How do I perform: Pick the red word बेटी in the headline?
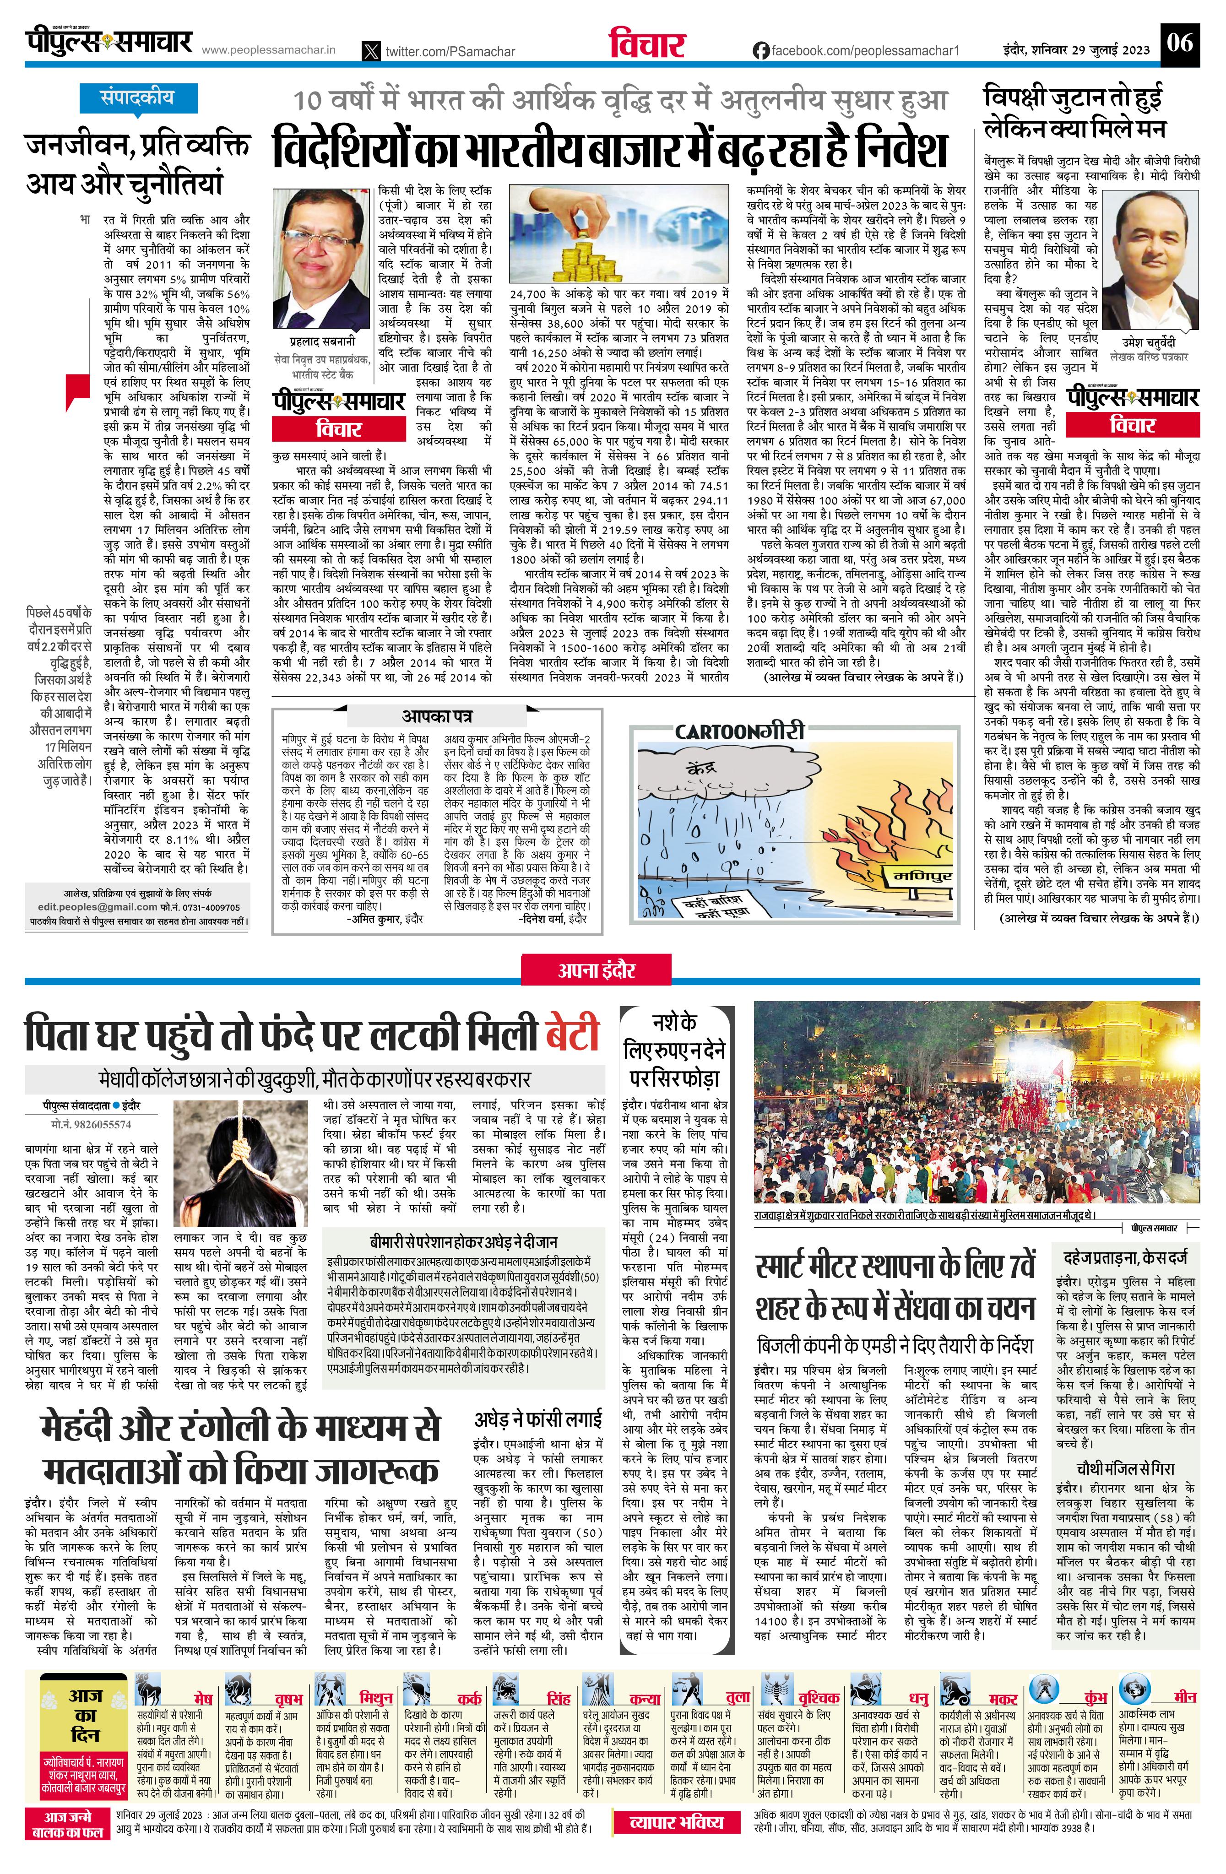[x=572, y=1034]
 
